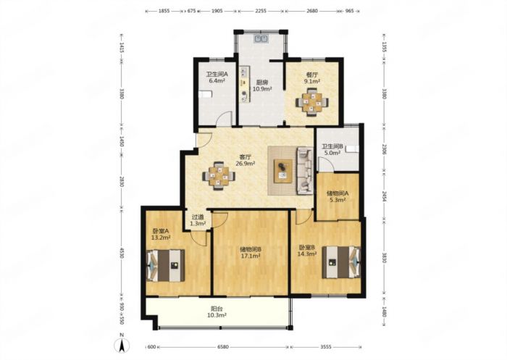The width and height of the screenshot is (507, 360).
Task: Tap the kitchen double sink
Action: (261, 39)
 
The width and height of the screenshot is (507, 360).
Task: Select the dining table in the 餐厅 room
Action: (311, 103)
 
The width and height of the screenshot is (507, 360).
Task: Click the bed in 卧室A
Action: (166, 265)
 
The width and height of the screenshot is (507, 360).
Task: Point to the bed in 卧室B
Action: (341, 262)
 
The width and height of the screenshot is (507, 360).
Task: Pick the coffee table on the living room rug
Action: (283, 171)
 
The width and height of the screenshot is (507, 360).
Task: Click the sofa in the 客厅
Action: (305, 171)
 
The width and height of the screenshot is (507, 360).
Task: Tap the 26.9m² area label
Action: (245, 164)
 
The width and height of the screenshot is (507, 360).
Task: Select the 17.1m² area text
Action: (251, 256)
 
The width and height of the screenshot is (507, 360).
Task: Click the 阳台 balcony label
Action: (217, 309)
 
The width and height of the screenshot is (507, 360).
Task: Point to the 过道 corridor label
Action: (198, 217)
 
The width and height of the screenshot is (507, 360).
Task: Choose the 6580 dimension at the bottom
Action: (223, 347)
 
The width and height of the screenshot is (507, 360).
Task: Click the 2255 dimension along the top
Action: (261, 11)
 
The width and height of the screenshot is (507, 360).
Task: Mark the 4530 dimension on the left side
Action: (122, 253)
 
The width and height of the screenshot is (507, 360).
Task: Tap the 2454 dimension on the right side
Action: (384, 196)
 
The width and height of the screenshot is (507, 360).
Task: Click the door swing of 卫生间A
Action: (224, 118)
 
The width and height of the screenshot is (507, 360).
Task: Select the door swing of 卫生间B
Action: (326, 164)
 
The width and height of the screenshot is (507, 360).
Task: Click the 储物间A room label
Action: (338, 193)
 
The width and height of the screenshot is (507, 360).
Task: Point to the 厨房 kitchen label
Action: (262, 82)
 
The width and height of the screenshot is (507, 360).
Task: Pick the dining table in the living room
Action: (219, 176)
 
